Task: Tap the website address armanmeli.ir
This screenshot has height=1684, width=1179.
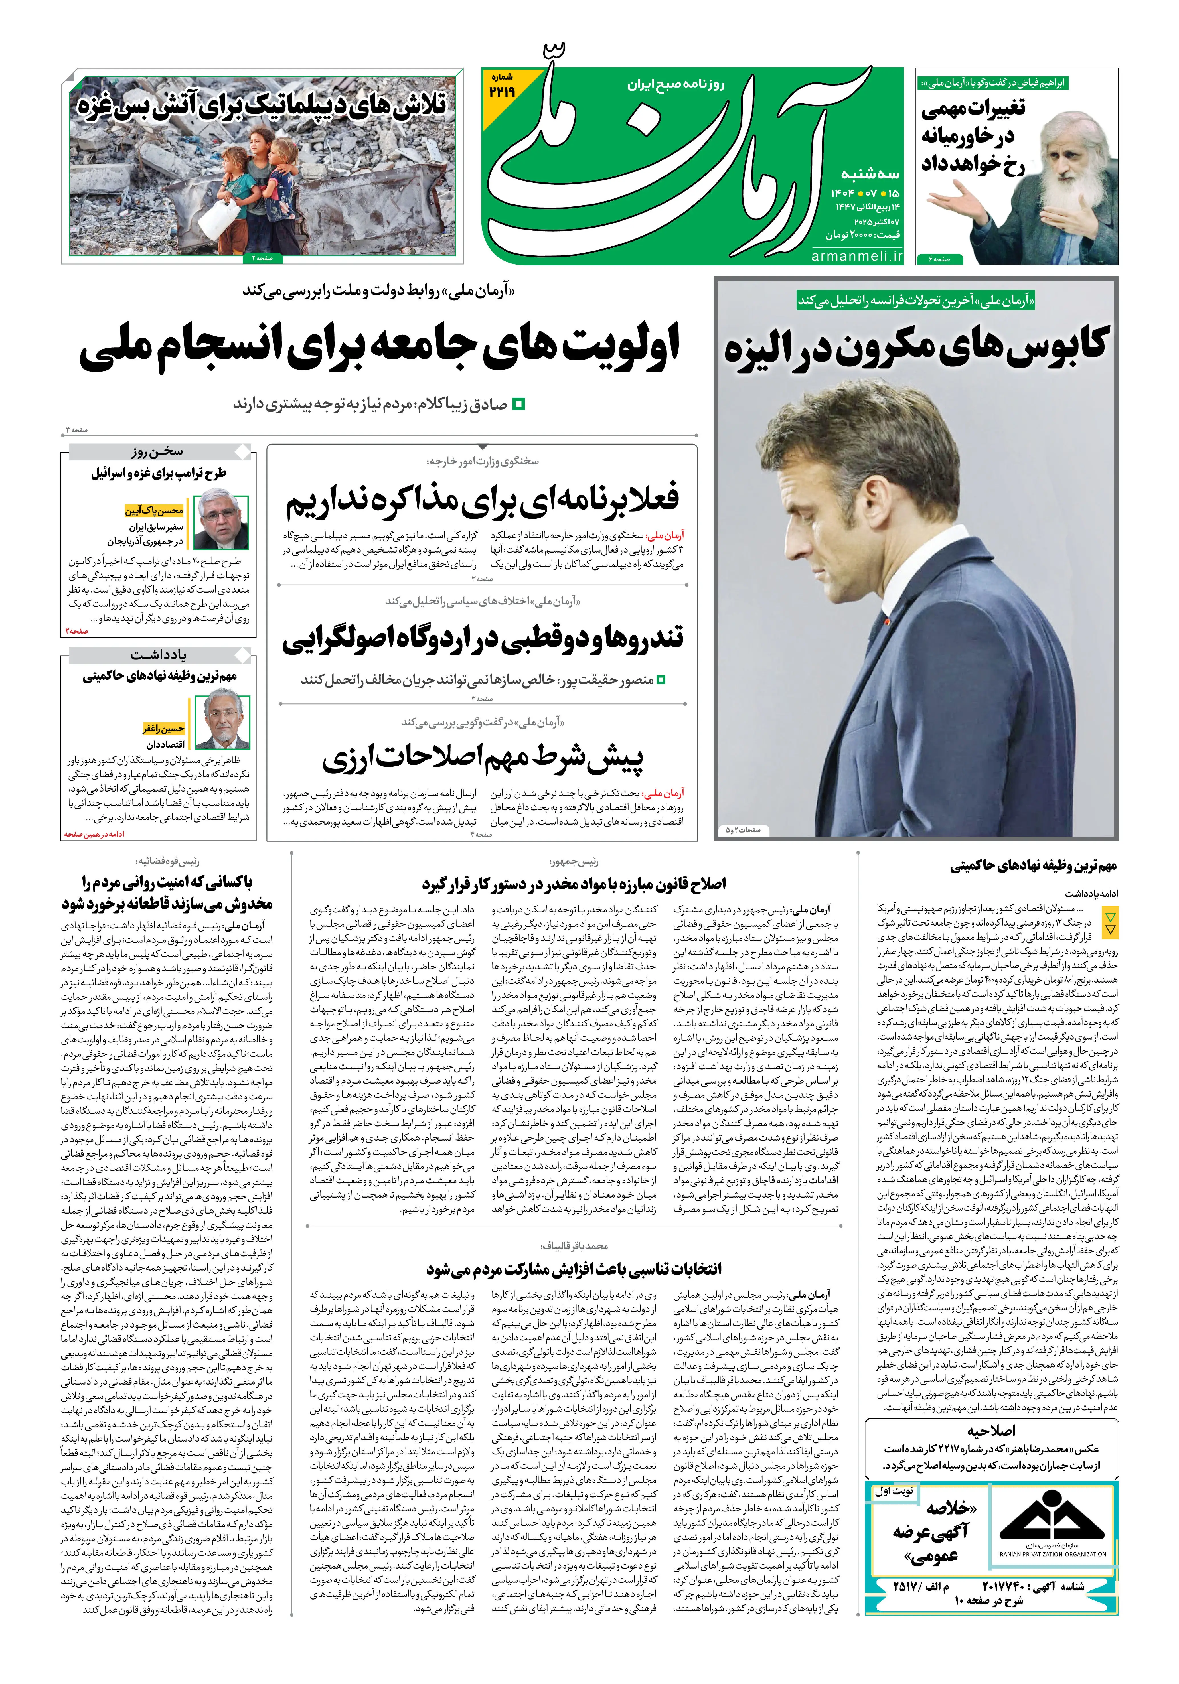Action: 857,256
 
